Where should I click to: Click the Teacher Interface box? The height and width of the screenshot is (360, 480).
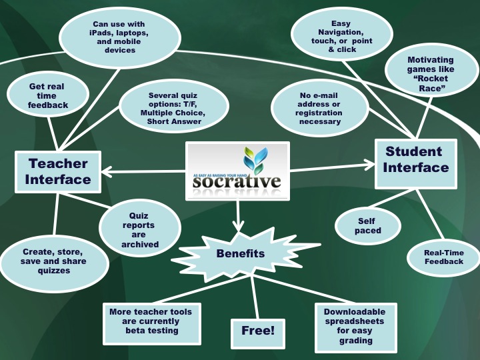[x=58, y=171]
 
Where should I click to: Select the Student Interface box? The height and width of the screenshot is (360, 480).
[x=416, y=159]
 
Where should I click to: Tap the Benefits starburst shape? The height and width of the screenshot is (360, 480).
[x=240, y=253]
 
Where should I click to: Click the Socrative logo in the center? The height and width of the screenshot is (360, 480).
[x=237, y=171]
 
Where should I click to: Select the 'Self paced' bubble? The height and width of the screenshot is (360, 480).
[x=367, y=225]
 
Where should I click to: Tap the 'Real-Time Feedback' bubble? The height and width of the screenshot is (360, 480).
[x=444, y=257]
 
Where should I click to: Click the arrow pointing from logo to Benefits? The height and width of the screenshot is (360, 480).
[x=238, y=217]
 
